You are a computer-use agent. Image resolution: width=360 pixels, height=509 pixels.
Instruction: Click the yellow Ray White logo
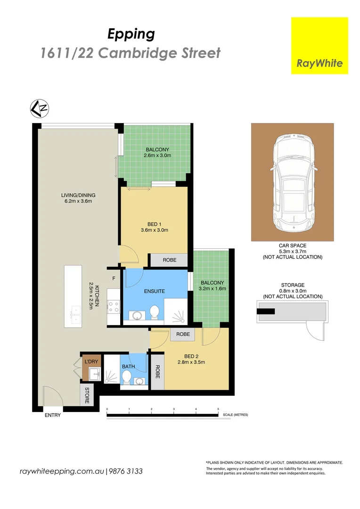[x=319, y=46]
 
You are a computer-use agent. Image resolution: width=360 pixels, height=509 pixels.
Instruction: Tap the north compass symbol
[x=40, y=108]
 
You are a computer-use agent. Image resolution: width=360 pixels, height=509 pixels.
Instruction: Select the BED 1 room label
[x=155, y=224]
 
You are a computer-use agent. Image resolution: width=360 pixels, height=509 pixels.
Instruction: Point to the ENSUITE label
[x=155, y=292]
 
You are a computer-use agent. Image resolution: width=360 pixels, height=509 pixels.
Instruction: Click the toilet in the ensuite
[x=155, y=312]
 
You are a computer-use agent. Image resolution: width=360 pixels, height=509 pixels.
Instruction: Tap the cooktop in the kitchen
[x=114, y=307]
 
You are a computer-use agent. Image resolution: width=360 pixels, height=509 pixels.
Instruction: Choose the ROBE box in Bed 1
[x=168, y=260]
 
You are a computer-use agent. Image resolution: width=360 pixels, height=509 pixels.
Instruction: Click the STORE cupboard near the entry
[x=87, y=395]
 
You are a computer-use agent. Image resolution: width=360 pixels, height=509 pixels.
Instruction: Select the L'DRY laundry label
[x=91, y=361]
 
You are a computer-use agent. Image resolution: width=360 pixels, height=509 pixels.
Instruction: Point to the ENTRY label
[x=53, y=415]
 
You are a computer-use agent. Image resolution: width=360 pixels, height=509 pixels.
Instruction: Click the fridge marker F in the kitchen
[x=114, y=279]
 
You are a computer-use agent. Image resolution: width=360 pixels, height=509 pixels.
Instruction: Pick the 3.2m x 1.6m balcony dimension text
[x=213, y=288]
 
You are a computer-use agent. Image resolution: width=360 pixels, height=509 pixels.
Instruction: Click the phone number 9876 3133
[x=126, y=471]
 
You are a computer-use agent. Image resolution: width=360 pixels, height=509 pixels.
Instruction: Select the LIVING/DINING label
[x=78, y=196]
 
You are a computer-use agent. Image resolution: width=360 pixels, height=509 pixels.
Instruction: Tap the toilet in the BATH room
[x=126, y=377]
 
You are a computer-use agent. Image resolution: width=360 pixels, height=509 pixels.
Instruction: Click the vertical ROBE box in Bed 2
[x=158, y=372]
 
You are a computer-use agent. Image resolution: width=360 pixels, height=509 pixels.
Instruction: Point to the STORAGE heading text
[x=293, y=285]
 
